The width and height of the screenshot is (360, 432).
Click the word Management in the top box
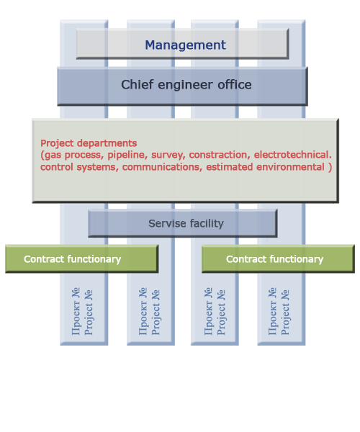point(185,45)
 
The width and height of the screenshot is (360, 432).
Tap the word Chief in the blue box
point(137,84)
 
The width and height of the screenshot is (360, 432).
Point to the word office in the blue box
point(235,84)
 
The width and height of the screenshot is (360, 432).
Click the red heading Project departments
point(89,143)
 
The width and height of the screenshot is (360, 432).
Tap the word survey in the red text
point(168,156)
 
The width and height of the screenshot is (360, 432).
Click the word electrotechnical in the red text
point(292,155)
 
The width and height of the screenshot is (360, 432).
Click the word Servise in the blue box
point(167,223)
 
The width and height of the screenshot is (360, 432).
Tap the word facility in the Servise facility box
point(207,224)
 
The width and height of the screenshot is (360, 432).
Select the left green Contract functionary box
point(82,258)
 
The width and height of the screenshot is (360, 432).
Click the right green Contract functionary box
point(278,258)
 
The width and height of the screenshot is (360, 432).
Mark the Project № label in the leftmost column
point(89,312)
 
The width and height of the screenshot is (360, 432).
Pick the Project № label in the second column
point(156,312)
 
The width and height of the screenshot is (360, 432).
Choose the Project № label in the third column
point(221,312)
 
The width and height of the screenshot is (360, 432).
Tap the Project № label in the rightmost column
point(285,312)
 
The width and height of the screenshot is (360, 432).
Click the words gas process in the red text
point(74,156)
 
